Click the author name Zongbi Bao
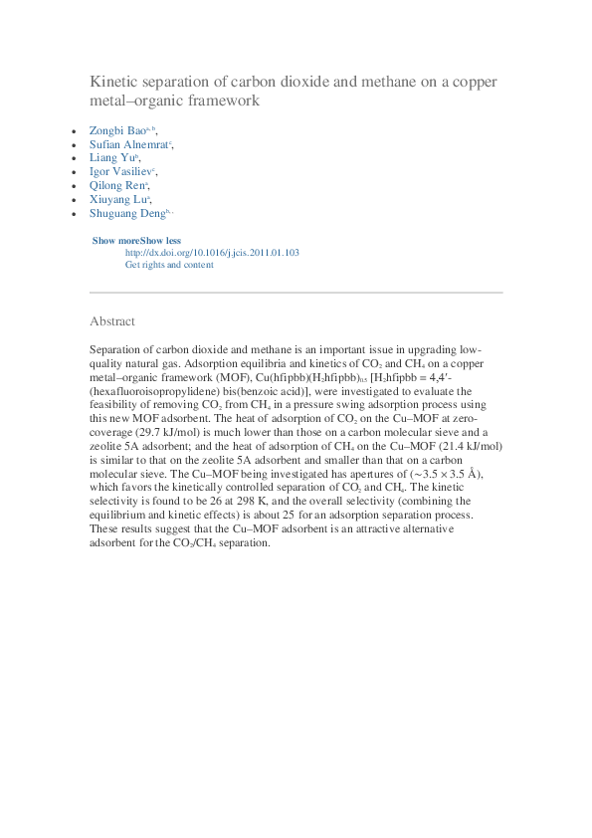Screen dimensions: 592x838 tap(117, 130)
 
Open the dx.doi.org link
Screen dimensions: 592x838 tap(212, 253)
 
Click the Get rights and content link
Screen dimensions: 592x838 tap(169, 265)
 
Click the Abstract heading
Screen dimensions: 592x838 tap(112, 321)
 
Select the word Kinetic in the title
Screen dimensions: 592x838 tap(112, 82)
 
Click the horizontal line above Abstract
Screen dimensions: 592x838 tap(296, 293)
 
